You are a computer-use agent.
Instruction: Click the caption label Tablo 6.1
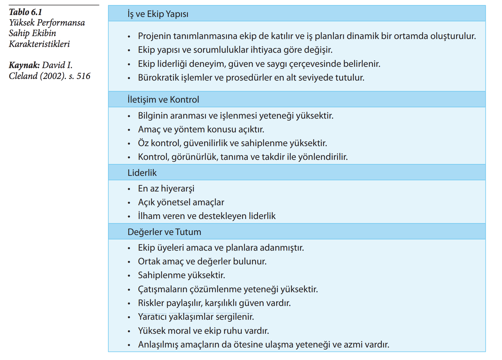click(x=26, y=12)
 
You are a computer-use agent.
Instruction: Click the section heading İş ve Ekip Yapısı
click(x=158, y=14)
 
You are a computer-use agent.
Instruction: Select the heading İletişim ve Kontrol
click(x=163, y=100)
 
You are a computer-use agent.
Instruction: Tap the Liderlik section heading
click(x=142, y=173)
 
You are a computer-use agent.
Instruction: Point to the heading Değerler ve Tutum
click(x=164, y=232)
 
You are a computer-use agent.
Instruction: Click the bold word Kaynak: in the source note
click(x=24, y=65)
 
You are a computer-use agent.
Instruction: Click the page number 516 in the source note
click(x=83, y=76)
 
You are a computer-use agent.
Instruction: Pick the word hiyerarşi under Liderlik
click(x=177, y=189)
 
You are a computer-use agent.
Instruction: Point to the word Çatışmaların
click(x=163, y=289)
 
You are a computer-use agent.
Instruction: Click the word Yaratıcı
click(x=152, y=317)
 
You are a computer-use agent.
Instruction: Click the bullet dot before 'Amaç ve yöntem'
click(x=129, y=130)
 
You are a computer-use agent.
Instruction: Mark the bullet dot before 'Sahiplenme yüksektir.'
click(x=129, y=276)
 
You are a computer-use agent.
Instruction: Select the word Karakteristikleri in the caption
click(x=39, y=44)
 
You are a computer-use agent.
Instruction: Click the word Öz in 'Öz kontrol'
click(x=143, y=143)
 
